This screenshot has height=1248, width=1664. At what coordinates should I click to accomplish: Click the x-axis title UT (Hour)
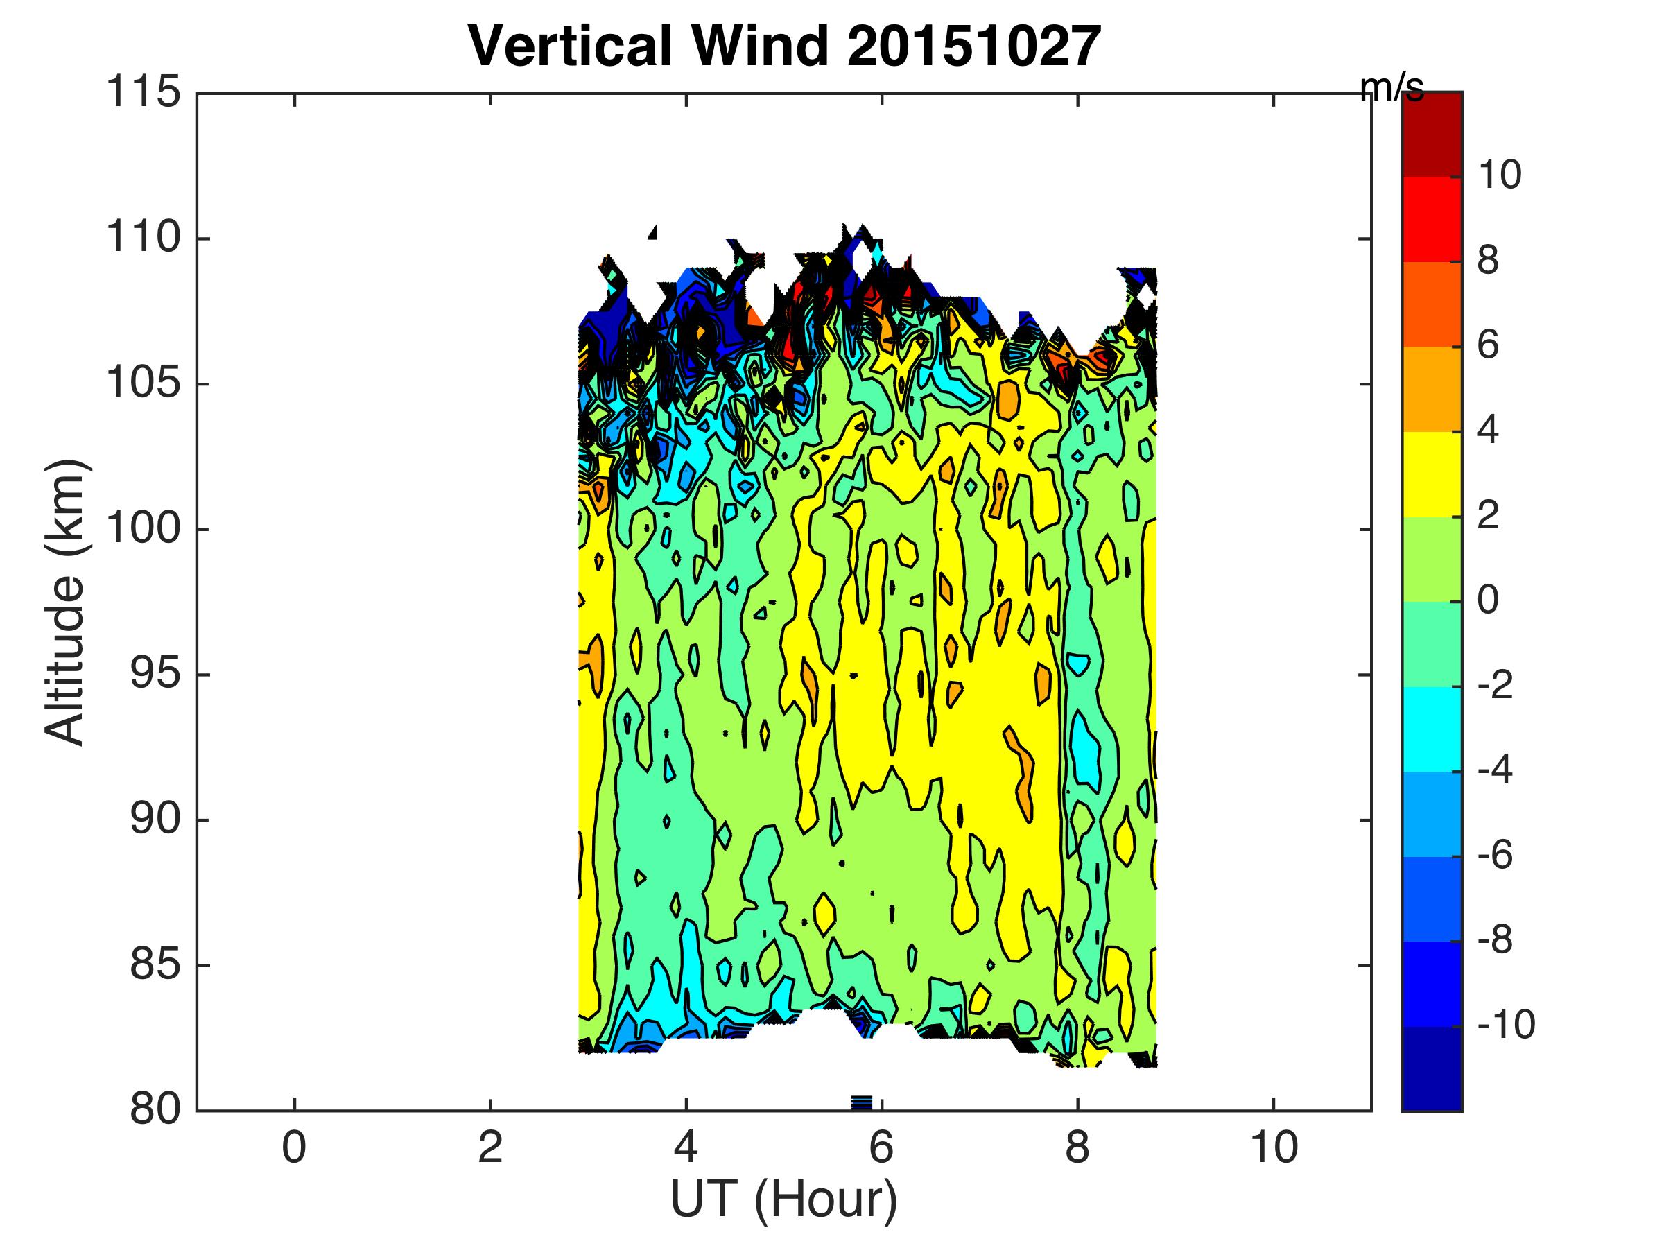point(784,1199)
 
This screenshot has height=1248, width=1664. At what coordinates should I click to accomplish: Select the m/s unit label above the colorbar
point(1392,89)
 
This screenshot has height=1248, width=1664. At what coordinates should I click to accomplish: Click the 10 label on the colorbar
point(1499,176)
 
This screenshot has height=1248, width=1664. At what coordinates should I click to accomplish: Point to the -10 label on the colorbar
point(1505,1025)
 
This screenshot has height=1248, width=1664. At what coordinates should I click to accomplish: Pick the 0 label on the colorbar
point(1487,601)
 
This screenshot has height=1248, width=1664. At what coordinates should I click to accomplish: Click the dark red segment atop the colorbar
point(1432,134)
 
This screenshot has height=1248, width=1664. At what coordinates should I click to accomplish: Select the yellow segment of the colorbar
point(1432,474)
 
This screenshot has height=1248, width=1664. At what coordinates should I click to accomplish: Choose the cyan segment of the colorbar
point(1432,729)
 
